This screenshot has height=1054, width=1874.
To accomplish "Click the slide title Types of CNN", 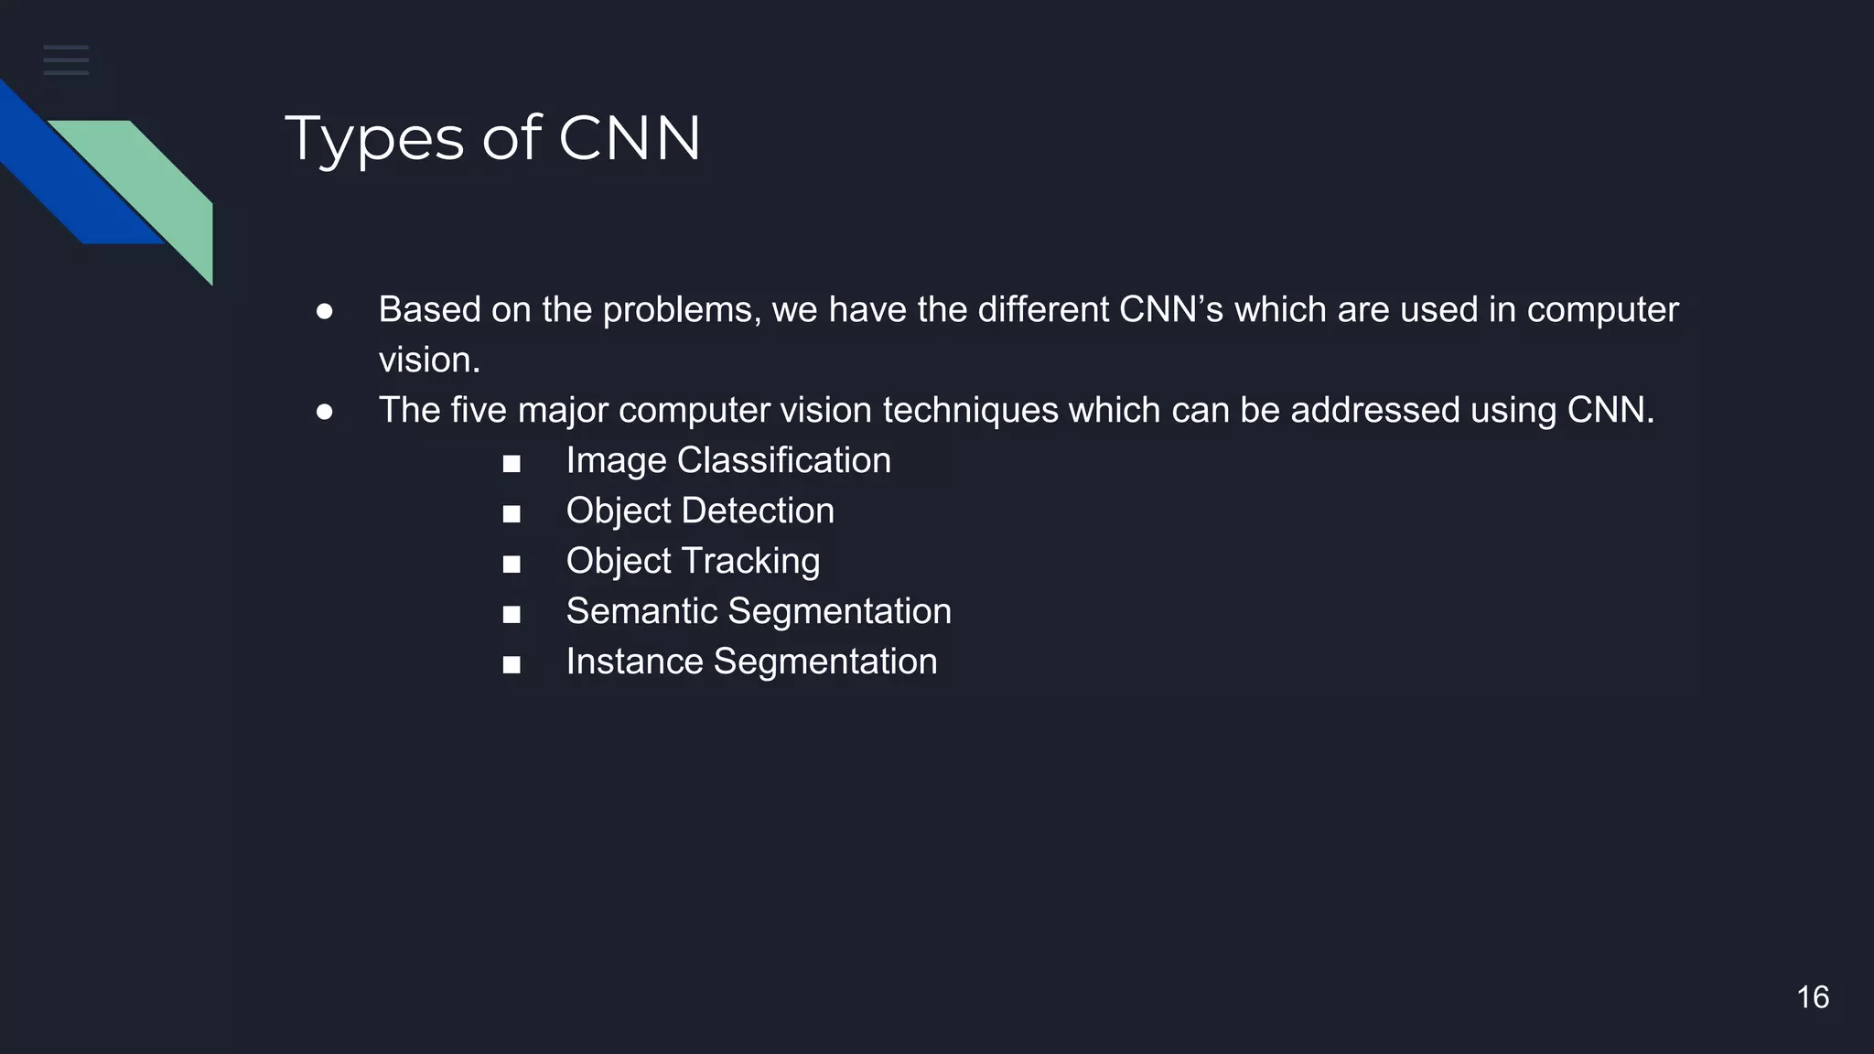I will (492, 139).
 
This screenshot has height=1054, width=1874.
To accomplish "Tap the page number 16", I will (1812, 997).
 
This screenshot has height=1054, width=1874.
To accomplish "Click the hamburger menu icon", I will (66, 59).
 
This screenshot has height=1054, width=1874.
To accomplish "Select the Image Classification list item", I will (727, 460).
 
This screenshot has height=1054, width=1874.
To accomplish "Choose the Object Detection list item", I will (700, 511).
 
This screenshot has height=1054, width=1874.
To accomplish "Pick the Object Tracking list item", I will (693, 561).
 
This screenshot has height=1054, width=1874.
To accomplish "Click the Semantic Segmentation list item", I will (759, 611).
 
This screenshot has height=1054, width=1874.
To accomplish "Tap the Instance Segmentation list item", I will (751, 661).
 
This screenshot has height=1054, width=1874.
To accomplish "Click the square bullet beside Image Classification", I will (512, 464).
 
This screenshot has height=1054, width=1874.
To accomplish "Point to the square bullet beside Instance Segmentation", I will (512, 665).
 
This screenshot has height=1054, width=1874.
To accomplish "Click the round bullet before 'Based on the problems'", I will (324, 312).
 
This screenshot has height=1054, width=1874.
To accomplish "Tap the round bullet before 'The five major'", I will (324, 413).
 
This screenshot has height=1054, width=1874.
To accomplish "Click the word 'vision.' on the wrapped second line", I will (429, 360).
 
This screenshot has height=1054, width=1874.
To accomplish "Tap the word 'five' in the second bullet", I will (479, 410).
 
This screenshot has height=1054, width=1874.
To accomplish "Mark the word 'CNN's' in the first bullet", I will (1170, 309).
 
